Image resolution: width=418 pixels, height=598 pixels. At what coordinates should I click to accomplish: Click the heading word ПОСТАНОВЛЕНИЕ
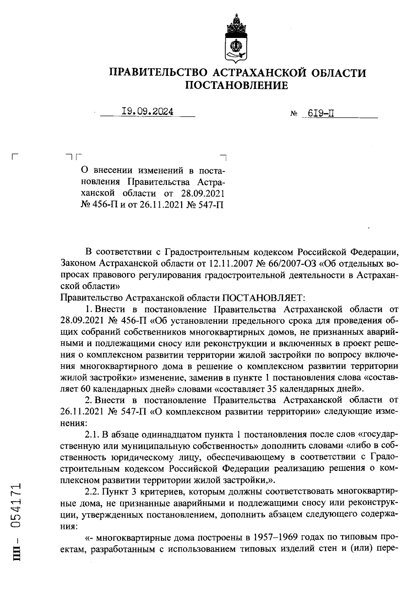tap(237, 85)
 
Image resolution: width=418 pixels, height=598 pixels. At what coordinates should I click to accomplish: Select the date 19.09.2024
tap(147, 111)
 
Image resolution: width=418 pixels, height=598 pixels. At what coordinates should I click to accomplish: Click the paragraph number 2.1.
tap(92, 435)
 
